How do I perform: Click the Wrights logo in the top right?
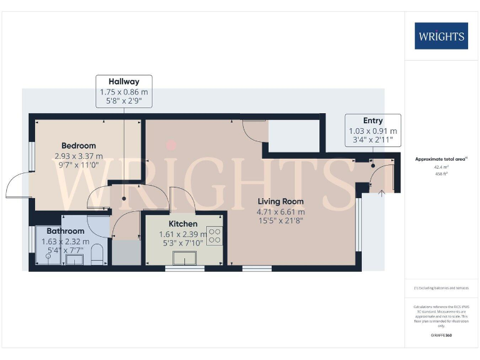coord(441,36)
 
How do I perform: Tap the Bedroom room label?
coord(78,146)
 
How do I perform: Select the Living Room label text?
coord(280,201)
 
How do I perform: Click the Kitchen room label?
coord(183,224)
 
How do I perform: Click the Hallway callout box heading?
coord(124,81)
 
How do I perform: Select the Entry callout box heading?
coord(372,120)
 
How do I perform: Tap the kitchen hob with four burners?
coord(214,235)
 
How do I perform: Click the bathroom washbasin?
coord(74,258)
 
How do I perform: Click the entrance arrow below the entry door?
coord(381,192)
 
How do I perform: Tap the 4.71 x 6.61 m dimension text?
coord(280,212)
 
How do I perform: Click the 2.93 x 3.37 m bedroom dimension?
coord(78,156)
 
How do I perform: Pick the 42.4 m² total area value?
coord(441,167)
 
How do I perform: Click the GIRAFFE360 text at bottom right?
coord(441,336)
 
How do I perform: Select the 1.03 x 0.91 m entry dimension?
coord(372,131)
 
